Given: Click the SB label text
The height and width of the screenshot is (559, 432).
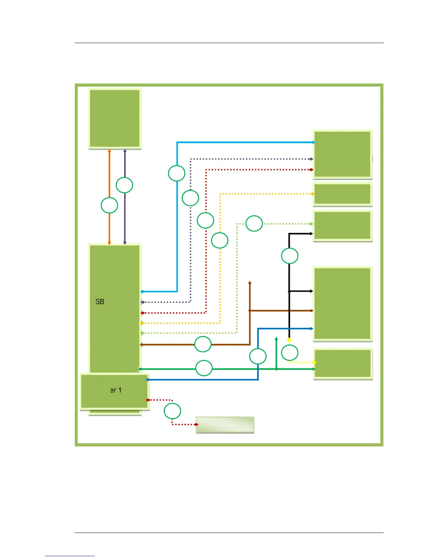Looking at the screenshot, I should point(100,302).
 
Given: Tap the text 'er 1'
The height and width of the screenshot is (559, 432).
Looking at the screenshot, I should point(116,390).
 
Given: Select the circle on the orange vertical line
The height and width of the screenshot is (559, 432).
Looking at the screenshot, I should point(109,205).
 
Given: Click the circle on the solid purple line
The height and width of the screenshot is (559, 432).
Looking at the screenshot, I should point(125,185).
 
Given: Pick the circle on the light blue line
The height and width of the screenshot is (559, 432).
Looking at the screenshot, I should point(176,173).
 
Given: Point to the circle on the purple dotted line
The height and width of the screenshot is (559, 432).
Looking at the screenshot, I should point(190,198).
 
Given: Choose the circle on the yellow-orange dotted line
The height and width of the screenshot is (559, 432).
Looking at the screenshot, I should point(220,241).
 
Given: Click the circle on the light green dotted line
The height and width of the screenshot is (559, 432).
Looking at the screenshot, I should point(254,223).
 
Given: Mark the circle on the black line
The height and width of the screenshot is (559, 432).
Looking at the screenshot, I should point(289,256).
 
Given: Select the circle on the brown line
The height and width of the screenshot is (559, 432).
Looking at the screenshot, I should point(203,344).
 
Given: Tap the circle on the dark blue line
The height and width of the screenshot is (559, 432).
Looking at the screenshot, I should point(258,356).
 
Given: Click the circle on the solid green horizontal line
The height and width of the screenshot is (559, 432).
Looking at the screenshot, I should point(204,368).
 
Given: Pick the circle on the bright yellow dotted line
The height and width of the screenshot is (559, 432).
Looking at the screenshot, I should point(290,353).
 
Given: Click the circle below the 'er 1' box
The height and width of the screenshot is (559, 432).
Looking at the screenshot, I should point(172,411).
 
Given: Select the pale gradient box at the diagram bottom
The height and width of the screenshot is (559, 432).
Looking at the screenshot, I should point(225,425).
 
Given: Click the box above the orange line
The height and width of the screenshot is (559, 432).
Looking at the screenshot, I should point(115,118).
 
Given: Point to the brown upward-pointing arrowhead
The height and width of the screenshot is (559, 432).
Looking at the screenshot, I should point(250,283).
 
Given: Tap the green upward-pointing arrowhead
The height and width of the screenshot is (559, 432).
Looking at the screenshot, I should point(276,339).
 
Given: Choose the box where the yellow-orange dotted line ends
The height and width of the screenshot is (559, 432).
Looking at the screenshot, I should point(342,194).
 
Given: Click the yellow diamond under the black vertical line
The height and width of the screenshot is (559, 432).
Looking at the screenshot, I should point(289,340).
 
